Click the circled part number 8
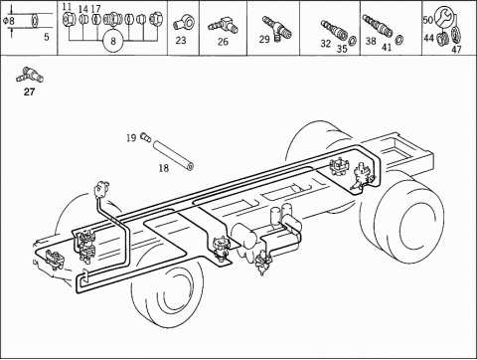pyautogui.click(x=113, y=41)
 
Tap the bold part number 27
pyautogui.click(x=29, y=91)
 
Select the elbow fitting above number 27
pyautogui.click(x=30, y=76)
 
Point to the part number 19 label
pyautogui.click(x=131, y=137)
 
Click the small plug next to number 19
pyautogui.click(x=146, y=136)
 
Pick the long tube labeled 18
pyautogui.click(x=173, y=155)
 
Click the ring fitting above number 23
pyautogui.click(x=184, y=23)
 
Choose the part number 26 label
pyautogui.click(x=223, y=42)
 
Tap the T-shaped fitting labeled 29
pyautogui.click(x=277, y=29)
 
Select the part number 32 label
pyautogui.click(x=326, y=44)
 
